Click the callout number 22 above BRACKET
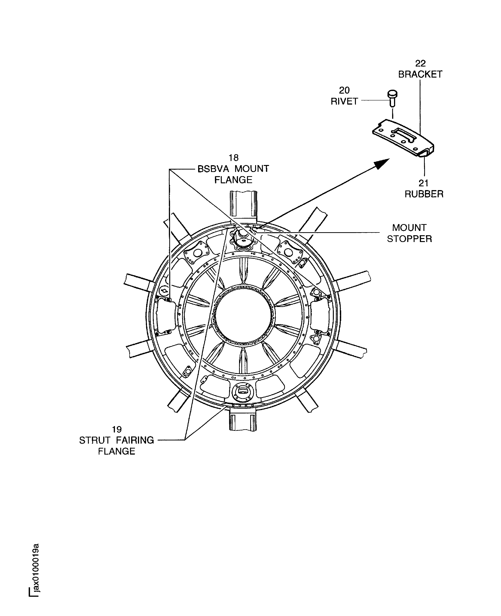pos(420,63)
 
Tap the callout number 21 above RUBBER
pos(423,183)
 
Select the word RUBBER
pos(424,194)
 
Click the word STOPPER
pos(409,239)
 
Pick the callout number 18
pos(233,158)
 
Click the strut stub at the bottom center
pos(243,422)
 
